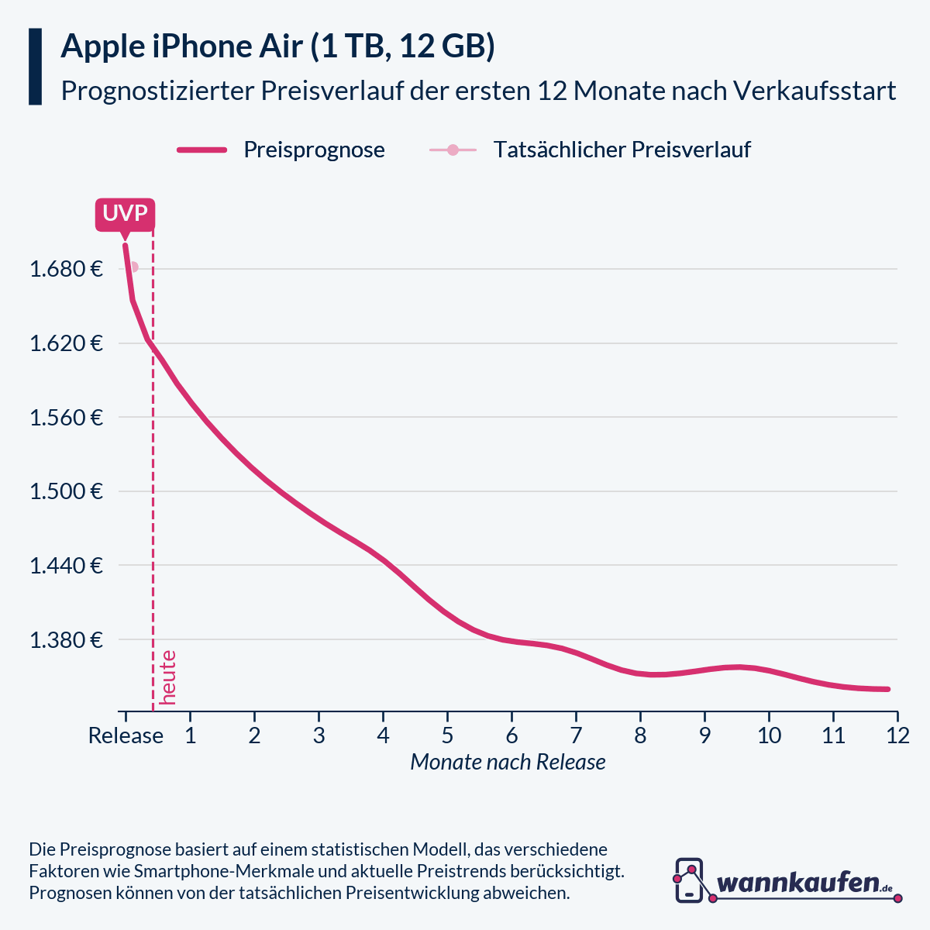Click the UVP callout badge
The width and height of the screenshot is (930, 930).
pos(125,214)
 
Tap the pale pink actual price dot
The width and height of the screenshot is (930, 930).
pos(133,267)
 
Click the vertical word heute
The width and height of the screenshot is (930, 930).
pos(167,677)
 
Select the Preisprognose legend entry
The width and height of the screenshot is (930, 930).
pos(314,150)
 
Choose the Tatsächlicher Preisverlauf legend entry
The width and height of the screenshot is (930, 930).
pos(622,150)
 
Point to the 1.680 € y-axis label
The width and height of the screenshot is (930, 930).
pos(66,270)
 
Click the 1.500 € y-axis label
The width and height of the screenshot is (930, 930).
pos(66,491)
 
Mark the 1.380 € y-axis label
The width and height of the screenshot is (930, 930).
pos(66,640)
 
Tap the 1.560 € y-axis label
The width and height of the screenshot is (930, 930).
pos(66,418)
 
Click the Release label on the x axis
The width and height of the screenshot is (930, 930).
pos(126,735)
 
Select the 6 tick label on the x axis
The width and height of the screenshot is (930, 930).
pos(511,735)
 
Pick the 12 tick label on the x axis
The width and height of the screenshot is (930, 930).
pos(897,735)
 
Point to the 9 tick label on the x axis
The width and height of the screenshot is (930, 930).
pos(704,735)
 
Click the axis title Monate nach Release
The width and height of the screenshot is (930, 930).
pos(508,763)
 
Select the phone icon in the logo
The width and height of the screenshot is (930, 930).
pos(689,880)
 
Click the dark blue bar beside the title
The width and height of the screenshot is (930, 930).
pos(35,67)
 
